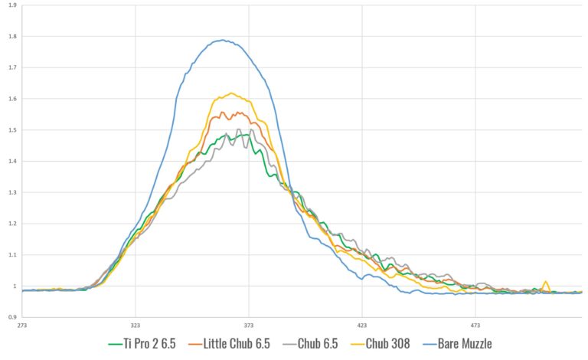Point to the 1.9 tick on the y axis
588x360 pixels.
click(x=12, y=5)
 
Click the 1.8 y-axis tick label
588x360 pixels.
click(x=12, y=37)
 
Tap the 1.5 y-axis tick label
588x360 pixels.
click(x=12, y=130)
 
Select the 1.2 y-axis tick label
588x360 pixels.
click(x=12, y=224)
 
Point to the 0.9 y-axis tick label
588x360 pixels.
click(x=12, y=317)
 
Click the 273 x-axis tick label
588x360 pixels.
click(x=23, y=325)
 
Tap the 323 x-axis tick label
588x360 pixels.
click(x=136, y=325)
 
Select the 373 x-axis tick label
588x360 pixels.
click(x=249, y=325)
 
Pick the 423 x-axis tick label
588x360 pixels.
click(x=362, y=325)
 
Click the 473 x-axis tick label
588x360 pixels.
click(x=475, y=325)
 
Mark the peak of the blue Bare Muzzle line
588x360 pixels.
click(x=223, y=40)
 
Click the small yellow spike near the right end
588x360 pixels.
click(x=546, y=282)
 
